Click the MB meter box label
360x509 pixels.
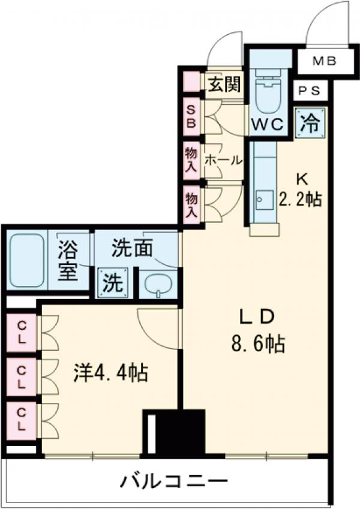[324, 61]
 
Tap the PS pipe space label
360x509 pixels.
[310, 91]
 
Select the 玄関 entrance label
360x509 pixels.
[223, 85]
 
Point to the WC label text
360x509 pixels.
[268, 125]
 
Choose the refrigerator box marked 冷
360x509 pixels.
[311, 123]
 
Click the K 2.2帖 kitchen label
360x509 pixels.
[301, 189]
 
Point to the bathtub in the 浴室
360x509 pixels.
[28, 261]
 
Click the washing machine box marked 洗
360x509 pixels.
[112, 282]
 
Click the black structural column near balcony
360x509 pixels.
[173, 431]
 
